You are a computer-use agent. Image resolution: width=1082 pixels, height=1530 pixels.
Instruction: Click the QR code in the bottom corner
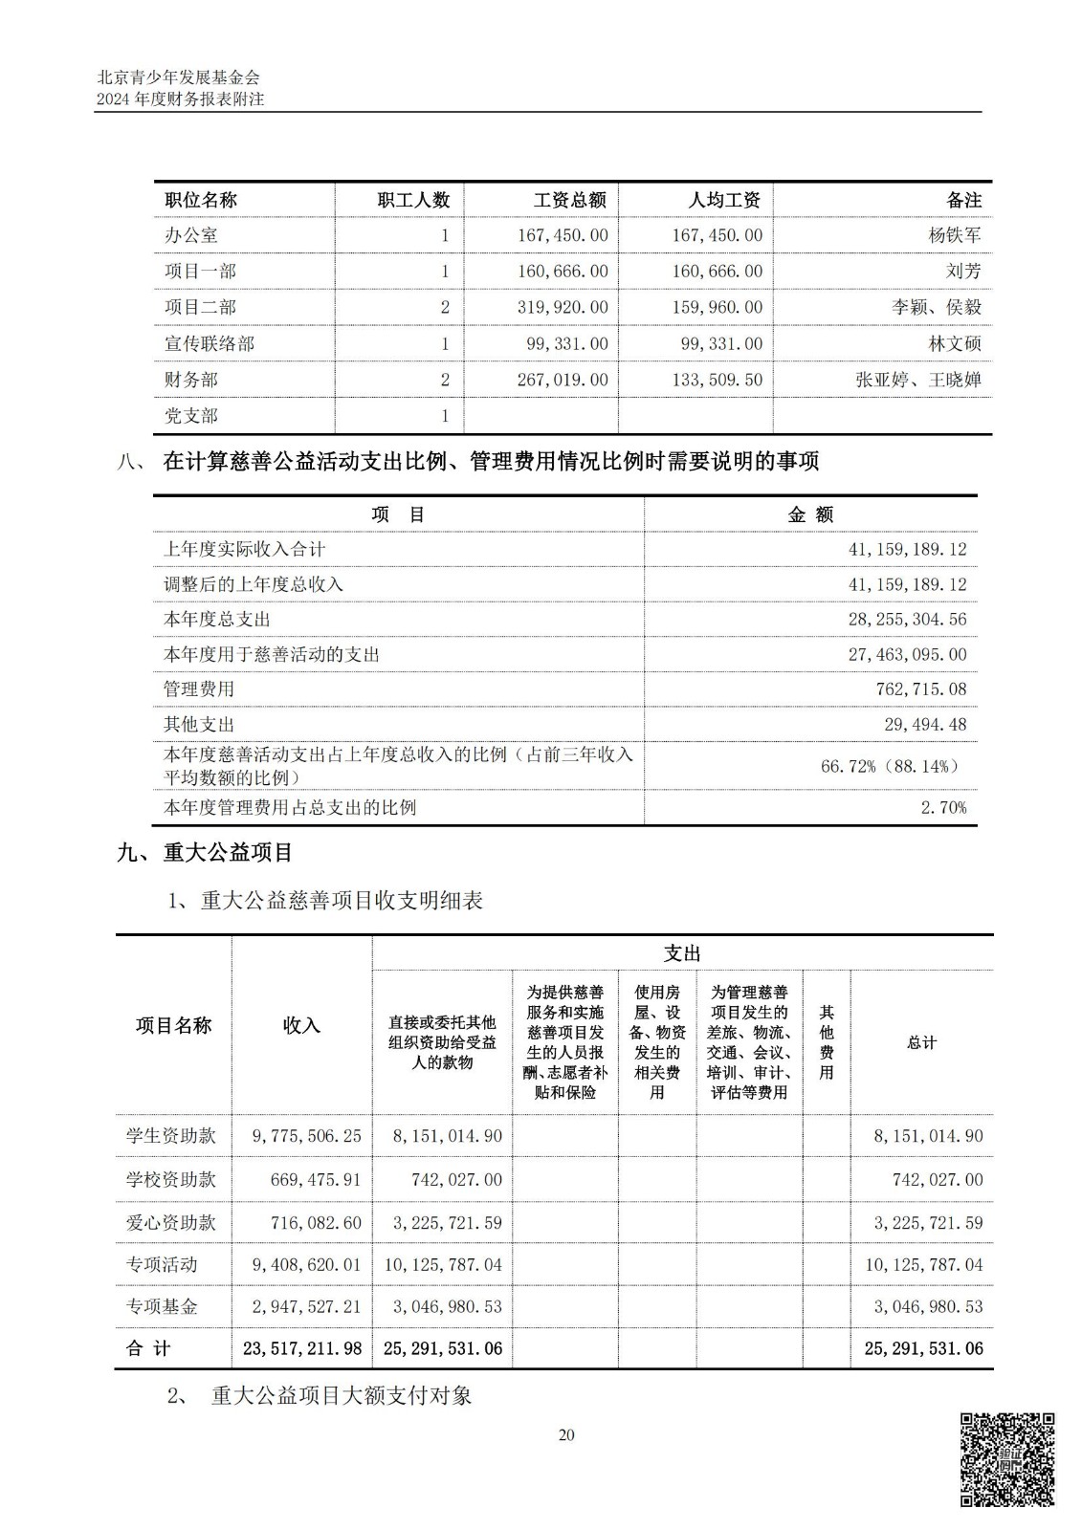(x=1006, y=1459)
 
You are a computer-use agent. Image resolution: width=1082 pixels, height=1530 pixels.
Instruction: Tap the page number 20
(x=566, y=1434)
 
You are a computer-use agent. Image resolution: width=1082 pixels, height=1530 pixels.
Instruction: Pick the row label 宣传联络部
(x=210, y=343)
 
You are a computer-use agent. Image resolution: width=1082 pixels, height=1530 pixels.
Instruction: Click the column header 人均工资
(x=724, y=200)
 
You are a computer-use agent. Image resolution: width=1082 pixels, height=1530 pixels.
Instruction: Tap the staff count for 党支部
(x=445, y=416)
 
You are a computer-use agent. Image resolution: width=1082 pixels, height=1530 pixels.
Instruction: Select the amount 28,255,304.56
(x=907, y=620)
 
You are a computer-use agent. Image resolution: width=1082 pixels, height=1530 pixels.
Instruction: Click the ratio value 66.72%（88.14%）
(x=891, y=766)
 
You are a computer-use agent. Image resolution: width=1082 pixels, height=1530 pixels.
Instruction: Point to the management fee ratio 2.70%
(x=943, y=807)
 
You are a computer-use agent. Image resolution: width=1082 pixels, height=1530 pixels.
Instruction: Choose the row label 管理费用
(x=199, y=688)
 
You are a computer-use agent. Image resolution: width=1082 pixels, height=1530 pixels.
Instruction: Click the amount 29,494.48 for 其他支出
(x=925, y=724)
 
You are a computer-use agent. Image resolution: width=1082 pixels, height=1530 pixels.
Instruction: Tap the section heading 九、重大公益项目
(x=205, y=852)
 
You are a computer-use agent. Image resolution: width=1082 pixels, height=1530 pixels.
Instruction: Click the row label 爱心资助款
(x=171, y=1222)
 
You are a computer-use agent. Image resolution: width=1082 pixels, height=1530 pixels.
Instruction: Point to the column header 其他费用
(x=827, y=1041)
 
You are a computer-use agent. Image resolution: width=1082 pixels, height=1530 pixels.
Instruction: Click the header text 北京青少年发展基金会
(x=178, y=77)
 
